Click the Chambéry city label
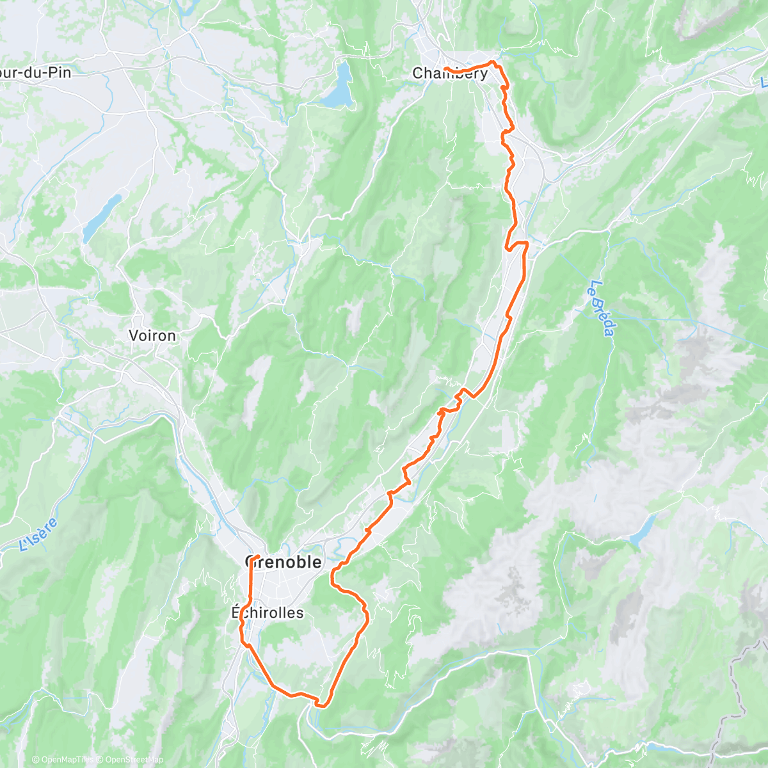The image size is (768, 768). (450, 74)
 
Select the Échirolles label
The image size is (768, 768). (268, 612)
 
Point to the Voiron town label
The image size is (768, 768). (152, 335)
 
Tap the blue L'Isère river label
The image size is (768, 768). (38, 535)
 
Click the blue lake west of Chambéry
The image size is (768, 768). (339, 86)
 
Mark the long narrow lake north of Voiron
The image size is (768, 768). (102, 215)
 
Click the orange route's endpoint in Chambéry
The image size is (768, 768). (445, 68)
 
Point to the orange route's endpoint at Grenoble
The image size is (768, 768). (257, 556)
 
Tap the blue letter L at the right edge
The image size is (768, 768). (764, 83)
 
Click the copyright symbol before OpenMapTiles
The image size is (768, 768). (36, 760)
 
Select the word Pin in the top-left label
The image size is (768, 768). (61, 72)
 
